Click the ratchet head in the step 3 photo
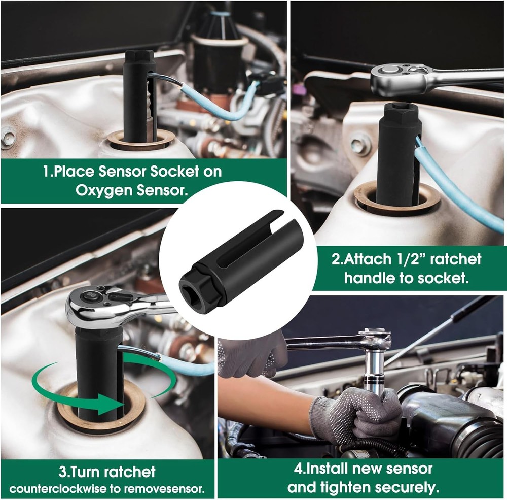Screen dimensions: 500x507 pyautogui.click(x=94, y=307)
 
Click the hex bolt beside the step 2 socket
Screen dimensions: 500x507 pyautogui.click(x=360, y=145)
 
